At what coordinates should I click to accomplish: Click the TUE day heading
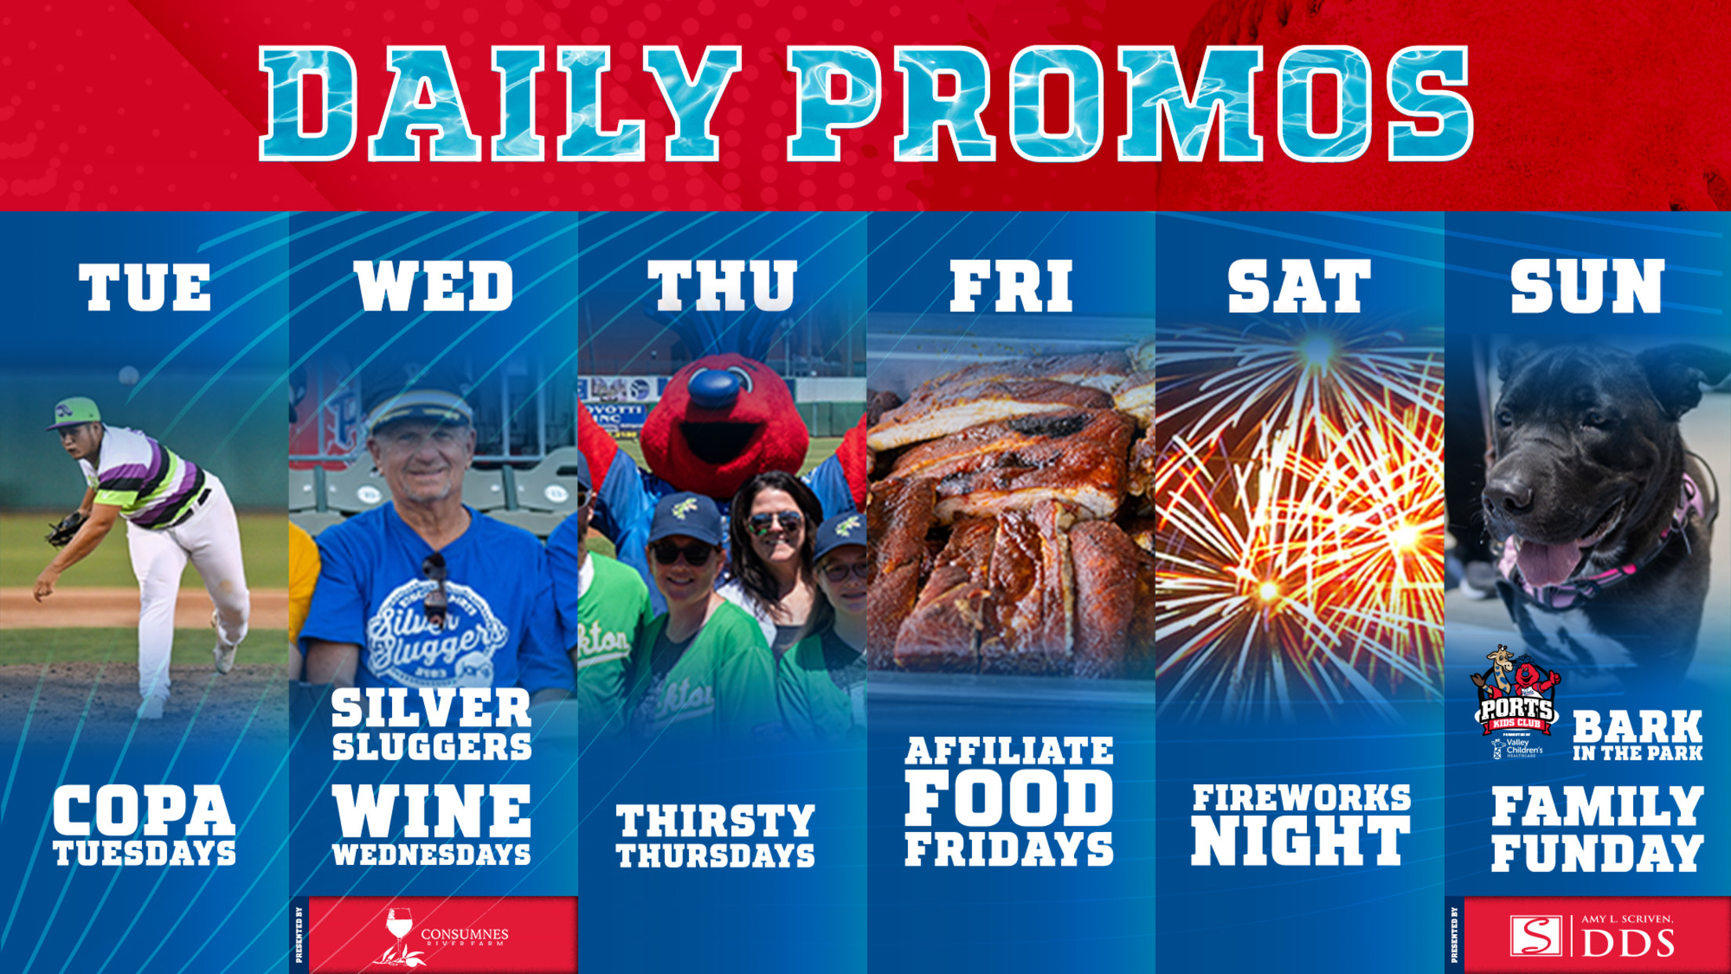coord(145,287)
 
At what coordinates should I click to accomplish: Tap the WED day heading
coord(434,287)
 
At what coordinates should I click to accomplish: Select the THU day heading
coord(722,287)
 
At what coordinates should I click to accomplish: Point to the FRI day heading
coord(1011,287)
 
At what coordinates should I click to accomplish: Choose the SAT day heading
coord(1299,287)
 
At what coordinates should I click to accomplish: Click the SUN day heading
coord(1588,287)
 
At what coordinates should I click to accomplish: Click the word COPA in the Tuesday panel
coord(144,812)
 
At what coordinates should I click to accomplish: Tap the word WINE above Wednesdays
coord(432,812)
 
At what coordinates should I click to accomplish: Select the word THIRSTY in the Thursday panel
coord(715,821)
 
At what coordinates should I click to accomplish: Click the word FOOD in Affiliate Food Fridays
coord(1010,800)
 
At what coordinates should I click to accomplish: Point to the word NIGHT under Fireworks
coord(1301,841)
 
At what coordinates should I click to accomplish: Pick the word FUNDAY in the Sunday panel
coord(1597,852)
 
